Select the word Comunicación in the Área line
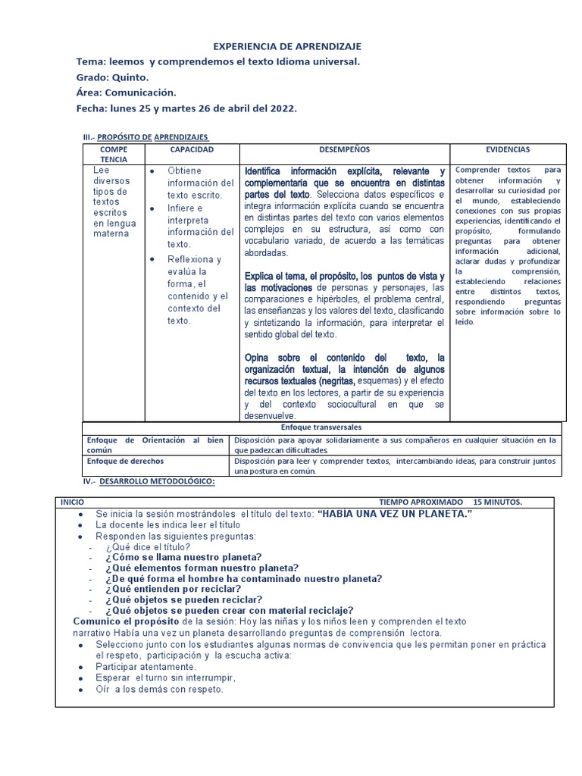pos(140,92)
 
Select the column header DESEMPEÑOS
pos(344,150)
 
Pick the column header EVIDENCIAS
pos(508,150)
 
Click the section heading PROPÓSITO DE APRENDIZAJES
pos(152,136)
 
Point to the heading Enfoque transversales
pos(322,427)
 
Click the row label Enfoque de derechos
pos(125,461)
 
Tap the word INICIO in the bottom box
pos(73,502)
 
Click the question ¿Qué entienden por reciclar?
pos(174,589)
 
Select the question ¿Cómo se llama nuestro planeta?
pos(184,557)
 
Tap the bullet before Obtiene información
pos(152,171)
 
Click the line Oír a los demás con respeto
pos(159,690)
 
